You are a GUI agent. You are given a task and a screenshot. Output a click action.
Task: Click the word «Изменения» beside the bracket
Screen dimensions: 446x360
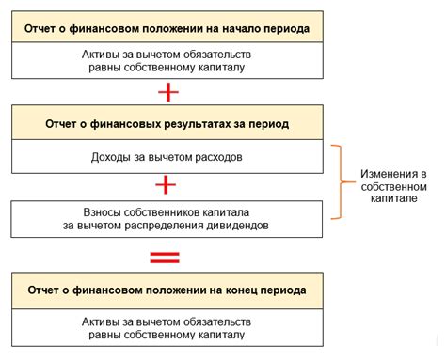[388, 174]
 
